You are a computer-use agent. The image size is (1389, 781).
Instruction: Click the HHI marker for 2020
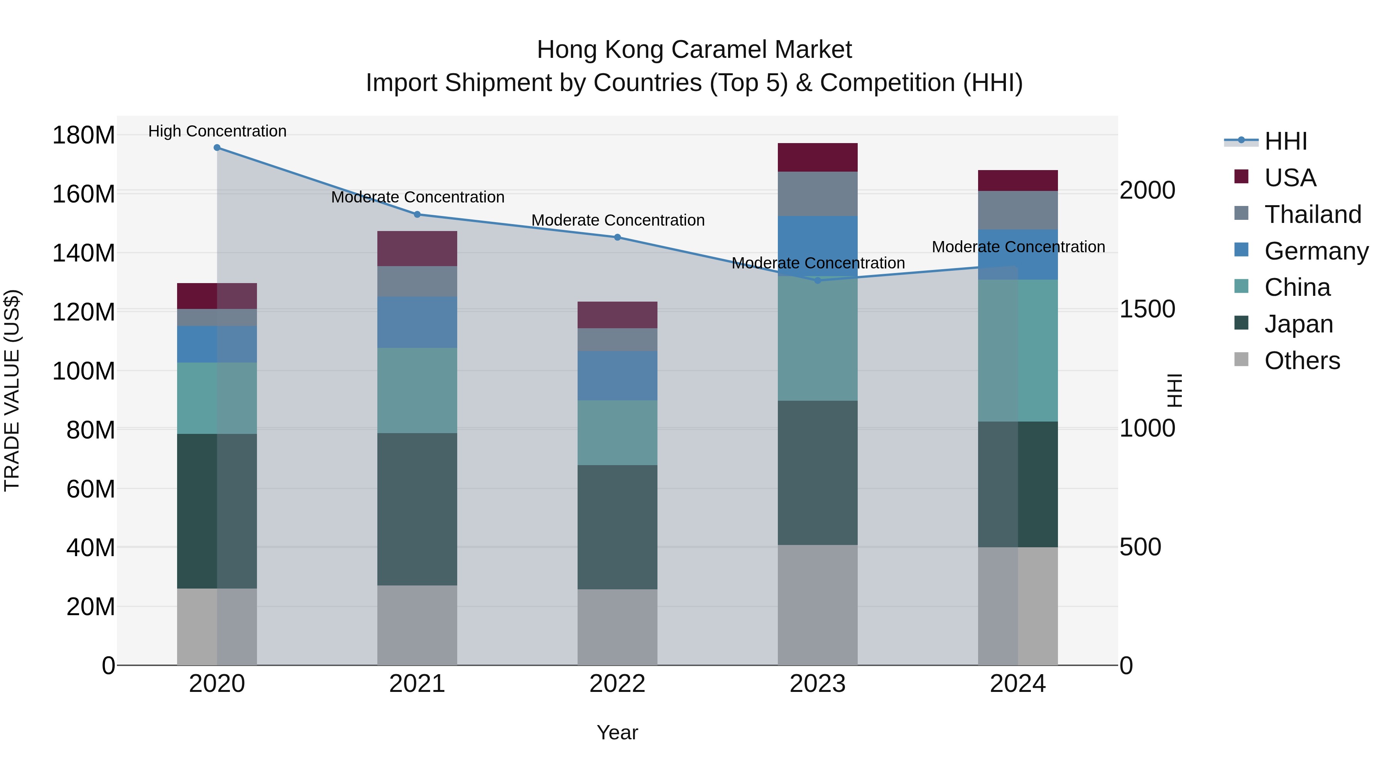pyautogui.click(x=217, y=148)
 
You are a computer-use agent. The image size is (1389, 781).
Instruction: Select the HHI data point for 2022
pyautogui.click(x=617, y=237)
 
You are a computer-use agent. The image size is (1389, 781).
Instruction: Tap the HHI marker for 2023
pyautogui.click(x=818, y=280)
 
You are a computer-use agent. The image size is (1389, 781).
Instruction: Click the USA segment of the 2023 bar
pyautogui.click(x=818, y=157)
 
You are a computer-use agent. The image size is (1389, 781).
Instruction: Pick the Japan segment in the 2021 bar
pyautogui.click(x=417, y=509)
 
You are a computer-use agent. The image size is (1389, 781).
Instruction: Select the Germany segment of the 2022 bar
pyautogui.click(x=617, y=375)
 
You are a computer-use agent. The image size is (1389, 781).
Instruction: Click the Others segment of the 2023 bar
pyautogui.click(x=818, y=605)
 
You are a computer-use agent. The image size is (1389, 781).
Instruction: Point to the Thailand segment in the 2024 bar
pyautogui.click(x=1017, y=210)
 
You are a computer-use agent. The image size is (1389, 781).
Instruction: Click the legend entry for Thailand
pyautogui.click(x=1313, y=214)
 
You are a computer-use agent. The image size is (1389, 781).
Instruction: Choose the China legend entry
pyautogui.click(x=1297, y=287)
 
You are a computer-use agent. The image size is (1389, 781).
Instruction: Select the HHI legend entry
pyautogui.click(x=1286, y=141)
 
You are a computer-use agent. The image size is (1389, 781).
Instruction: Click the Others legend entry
pyautogui.click(x=1302, y=361)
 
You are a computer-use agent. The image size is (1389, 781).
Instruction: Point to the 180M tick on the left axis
pyautogui.click(x=84, y=135)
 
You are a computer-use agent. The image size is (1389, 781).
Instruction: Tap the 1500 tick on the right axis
pyautogui.click(x=1147, y=309)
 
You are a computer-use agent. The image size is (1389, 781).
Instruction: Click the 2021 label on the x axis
pyautogui.click(x=417, y=684)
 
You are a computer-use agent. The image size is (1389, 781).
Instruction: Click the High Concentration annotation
pyautogui.click(x=217, y=131)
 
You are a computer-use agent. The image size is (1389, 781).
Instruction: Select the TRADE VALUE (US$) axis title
pyautogui.click(x=12, y=390)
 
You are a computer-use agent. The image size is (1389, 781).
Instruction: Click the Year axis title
pyautogui.click(x=617, y=732)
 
